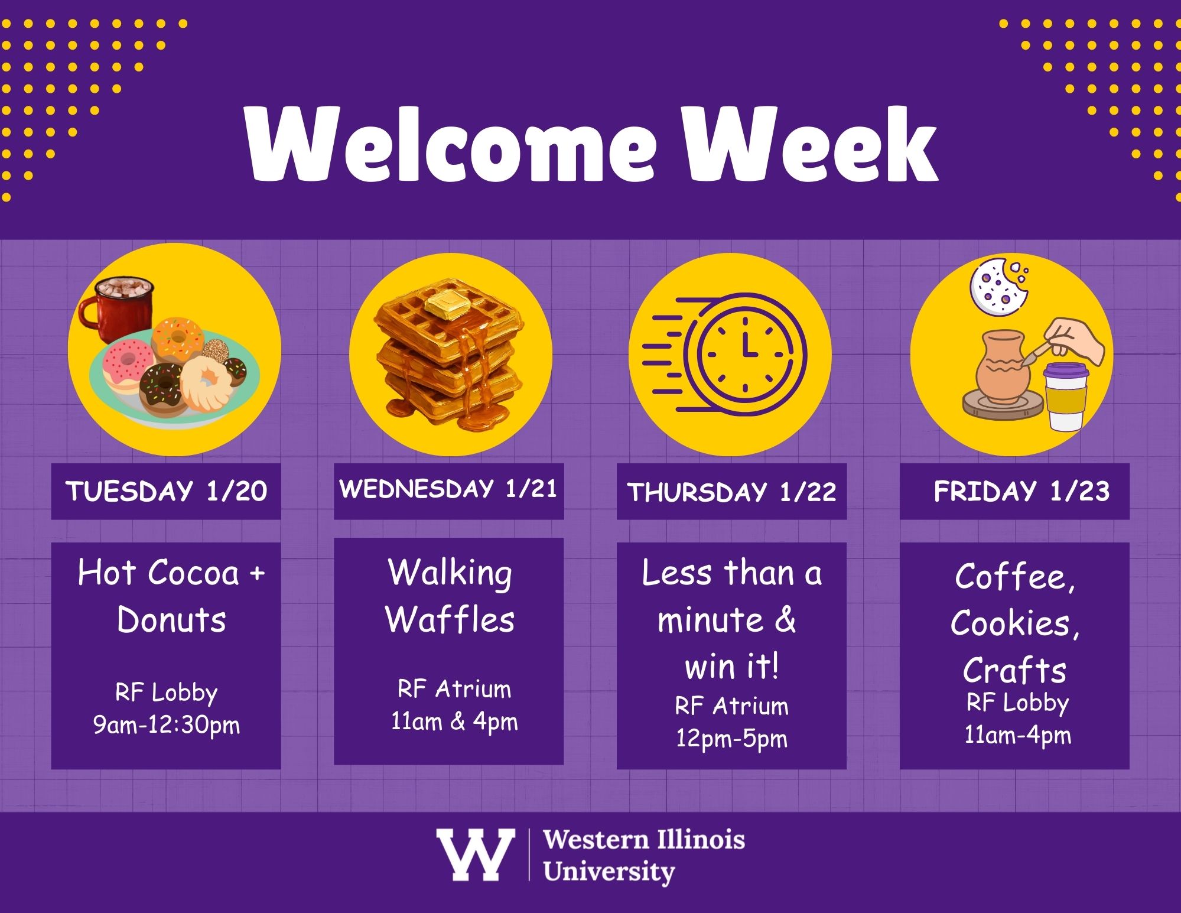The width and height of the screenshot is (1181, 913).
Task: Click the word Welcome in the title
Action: coord(451,145)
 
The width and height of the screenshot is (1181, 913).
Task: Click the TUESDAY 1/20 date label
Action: coord(166,491)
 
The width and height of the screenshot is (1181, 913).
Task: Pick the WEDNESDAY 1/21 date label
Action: coord(448,489)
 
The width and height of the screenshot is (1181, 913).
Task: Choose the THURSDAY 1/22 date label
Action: coord(731,492)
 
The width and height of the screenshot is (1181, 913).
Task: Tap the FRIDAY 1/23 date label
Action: coord(1021,491)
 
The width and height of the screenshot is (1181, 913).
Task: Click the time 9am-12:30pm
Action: coord(167,725)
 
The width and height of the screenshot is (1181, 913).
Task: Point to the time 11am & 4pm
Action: coord(454,722)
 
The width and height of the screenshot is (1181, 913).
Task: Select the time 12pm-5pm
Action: coord(731,739)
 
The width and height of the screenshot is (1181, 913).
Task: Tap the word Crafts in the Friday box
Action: coord(1014,670)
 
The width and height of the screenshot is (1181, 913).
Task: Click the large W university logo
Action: coord(475,854)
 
